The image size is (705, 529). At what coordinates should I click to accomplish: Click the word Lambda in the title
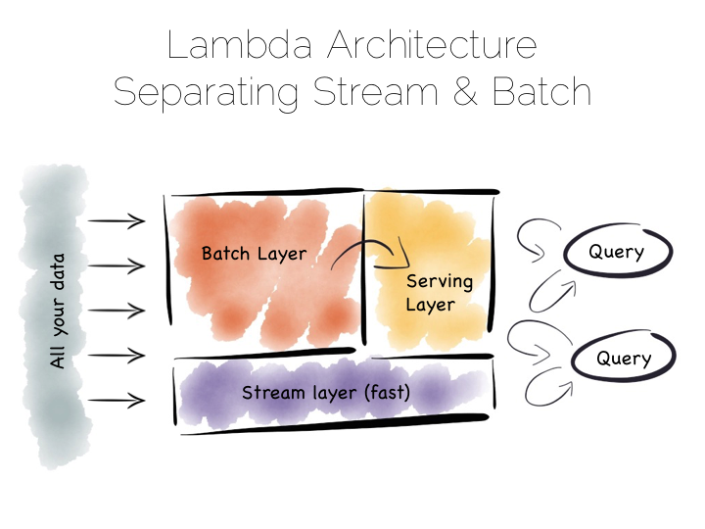coord(240,45)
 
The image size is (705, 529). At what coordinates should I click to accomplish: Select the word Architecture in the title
coord(432,45)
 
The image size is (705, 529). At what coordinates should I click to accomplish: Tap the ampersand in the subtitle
coord(465,91)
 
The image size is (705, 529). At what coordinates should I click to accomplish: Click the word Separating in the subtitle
coord(206,94)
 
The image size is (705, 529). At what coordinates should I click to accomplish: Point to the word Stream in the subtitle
coord(375,91)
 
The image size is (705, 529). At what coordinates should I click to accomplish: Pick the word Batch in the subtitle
coord(541,91)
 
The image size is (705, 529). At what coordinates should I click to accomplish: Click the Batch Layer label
coord(254,254)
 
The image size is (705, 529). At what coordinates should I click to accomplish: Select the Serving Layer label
coord(440,293)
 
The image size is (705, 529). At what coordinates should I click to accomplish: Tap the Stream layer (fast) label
coord(326,393)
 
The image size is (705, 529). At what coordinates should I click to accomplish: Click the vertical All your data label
coord(58,312)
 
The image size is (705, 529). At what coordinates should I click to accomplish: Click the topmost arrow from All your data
coord(117,220)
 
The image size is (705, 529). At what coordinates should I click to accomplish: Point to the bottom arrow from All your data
coord(117,401)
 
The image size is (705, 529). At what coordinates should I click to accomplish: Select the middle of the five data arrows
coord(117,311)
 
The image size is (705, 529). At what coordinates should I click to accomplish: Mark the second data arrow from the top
coord(117,265)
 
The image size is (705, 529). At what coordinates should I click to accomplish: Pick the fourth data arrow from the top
coord(117,356)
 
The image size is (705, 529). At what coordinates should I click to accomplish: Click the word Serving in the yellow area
coord(440,282)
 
